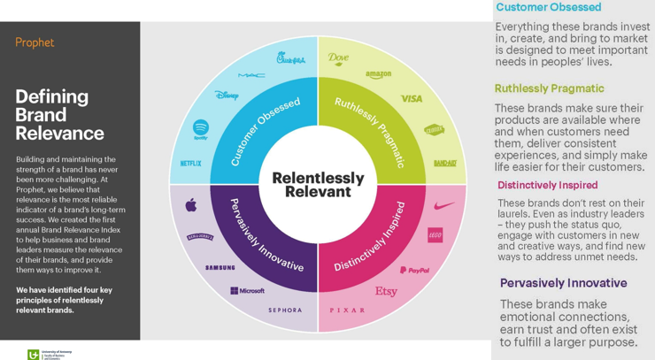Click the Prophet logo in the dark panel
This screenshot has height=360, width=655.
pyautogui.click(x=35, y=42)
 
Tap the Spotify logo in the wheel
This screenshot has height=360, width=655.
pyautogui.click(x=200, y=129)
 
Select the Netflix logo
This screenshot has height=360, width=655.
pyautogui.click(x=190, y=164)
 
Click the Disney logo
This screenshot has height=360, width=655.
pyautogui.click(x=227, y=95)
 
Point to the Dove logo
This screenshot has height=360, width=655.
pyautogui.click(x=338, y=58)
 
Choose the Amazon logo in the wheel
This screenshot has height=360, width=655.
pyautogui.click(x=378, y=74)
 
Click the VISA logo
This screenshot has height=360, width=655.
pyautogui.click(x=412, y=99)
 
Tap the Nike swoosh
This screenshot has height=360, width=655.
pyautogui.click(x=444, y=205)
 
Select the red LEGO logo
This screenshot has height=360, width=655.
pyautogui.click(x=435, y=235)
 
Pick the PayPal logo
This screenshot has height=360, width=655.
pyautogui.click(x=414, y=270)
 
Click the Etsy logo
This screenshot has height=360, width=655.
pyautogui.click(x=386, y=291)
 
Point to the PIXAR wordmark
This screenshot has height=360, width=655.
pyautogui.click(x=347, y=310)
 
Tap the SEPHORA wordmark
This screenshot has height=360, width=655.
pyautogui.click(x=285, y=310)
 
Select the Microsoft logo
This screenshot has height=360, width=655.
pyautogui.click(x=247, y=290)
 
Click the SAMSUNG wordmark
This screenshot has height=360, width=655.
pyautogui.click(x=220, y=267)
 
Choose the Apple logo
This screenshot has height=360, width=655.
pyautogui.click(x=191, y=205)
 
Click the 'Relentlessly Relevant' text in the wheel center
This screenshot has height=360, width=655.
pyautogui.click(x=318, y=184)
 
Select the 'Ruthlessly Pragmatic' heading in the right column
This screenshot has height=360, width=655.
pyautogui.click(x=549, y=88)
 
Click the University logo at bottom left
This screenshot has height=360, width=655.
pyautogui.click(x=49, y=354)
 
